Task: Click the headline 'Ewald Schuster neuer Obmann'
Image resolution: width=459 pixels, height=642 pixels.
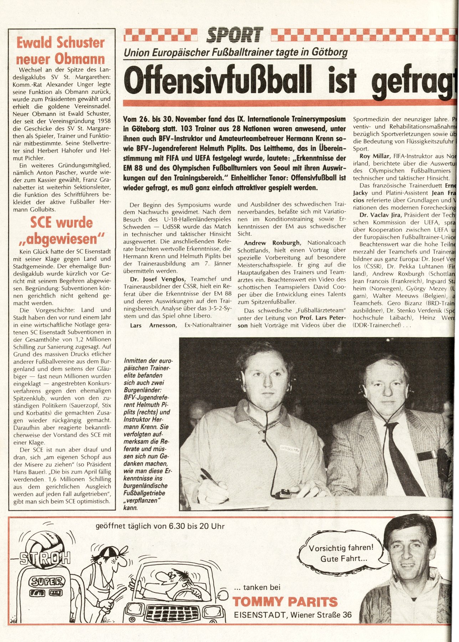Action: click(61, 51)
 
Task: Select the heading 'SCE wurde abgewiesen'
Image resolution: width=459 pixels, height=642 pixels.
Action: click(61, 231)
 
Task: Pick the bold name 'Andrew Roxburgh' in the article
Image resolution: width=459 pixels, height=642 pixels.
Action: click(272, 243)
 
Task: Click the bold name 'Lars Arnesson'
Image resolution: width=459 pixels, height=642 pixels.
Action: click(153, 325)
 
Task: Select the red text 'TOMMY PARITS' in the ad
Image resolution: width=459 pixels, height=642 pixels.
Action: click(285, 602)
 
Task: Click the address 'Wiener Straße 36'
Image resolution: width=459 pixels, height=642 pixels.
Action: click(321, 615)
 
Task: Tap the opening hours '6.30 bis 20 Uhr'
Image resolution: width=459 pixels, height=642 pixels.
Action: click(189, 526)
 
